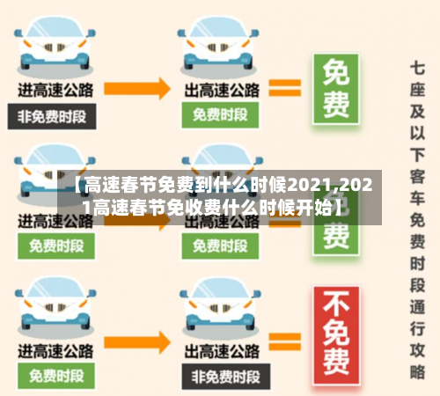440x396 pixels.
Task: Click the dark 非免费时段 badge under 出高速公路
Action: pyautogui.click(x=219, y=377)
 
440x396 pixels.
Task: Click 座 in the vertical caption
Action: pyautogui.click(x=418, y=91)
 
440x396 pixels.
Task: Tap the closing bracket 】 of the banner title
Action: pyautogui.click(x=339, y=209)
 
